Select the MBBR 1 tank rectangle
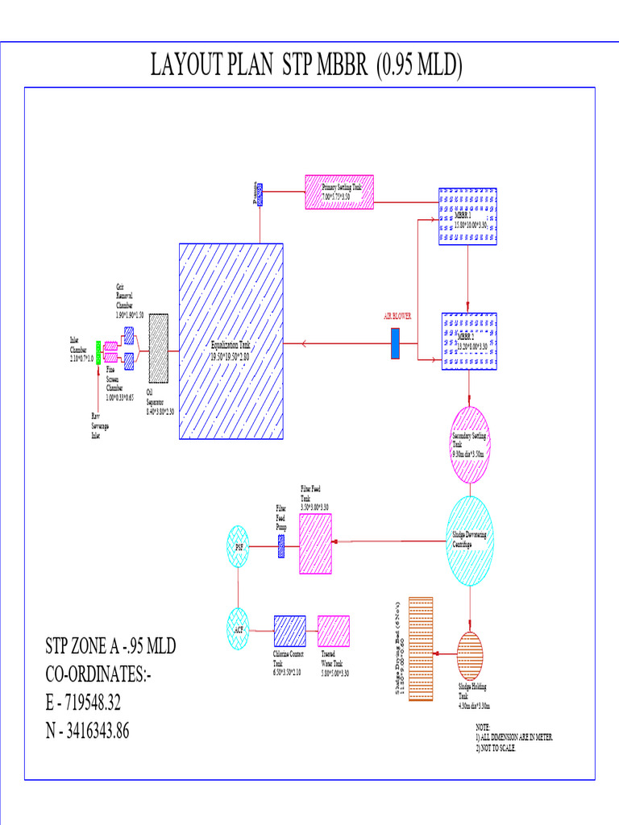point(467,216)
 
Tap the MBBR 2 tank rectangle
point(469,342)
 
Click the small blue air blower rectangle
point(395,343)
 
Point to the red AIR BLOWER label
point(397,317)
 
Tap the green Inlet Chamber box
point(98,347)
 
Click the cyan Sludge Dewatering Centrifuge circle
point(470,538)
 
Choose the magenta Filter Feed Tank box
point(316,544)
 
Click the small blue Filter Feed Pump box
point(280,546)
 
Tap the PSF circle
point(239,546)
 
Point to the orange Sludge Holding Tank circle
point(470,657)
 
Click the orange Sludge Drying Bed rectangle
point(421,649)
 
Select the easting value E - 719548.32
point(83,703)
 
